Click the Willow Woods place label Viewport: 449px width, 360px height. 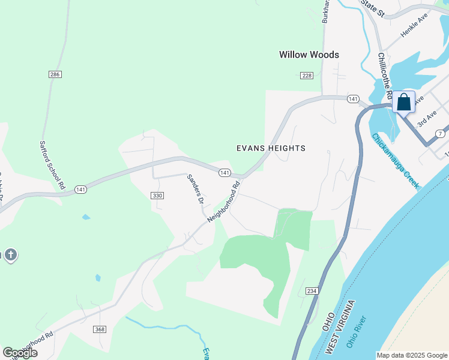309,55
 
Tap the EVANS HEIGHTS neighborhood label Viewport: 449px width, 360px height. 271,148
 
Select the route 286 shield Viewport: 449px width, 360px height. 56,74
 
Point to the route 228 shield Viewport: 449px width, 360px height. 307,75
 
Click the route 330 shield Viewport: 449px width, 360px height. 157,196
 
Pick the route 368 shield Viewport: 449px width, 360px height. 100,329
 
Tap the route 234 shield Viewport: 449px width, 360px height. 311,291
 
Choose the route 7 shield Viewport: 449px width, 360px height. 441,133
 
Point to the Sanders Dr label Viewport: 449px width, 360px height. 194,189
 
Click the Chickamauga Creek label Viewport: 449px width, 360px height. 394,161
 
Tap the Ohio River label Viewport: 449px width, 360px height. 360,332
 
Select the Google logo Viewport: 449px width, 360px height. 20,353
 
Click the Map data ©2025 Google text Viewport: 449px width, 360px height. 412,355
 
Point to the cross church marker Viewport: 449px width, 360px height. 10,255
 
